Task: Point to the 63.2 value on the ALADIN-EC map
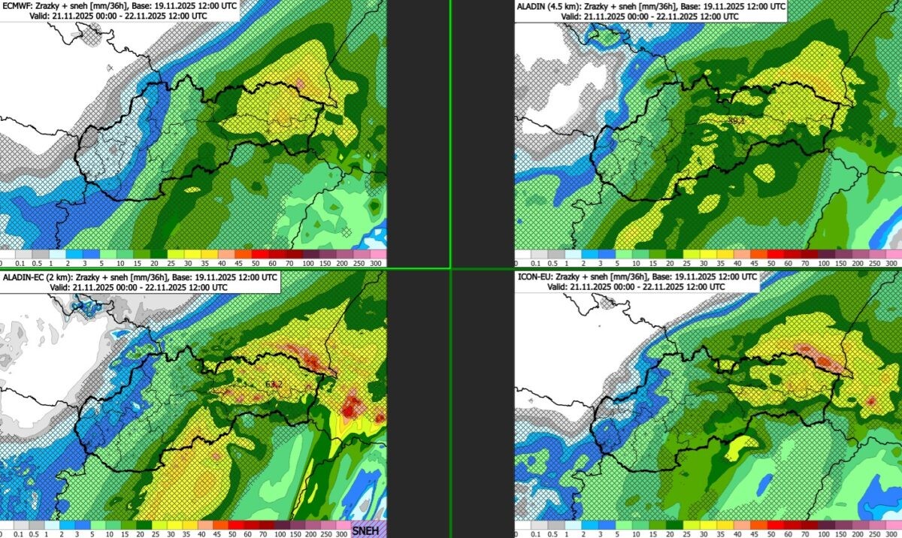coord(274,384)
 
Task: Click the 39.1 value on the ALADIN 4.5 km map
coord(737,120)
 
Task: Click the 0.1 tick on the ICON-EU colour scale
coord(534,533)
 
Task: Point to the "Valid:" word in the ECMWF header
coord(41,15)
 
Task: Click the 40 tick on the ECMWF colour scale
coord(223,264)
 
